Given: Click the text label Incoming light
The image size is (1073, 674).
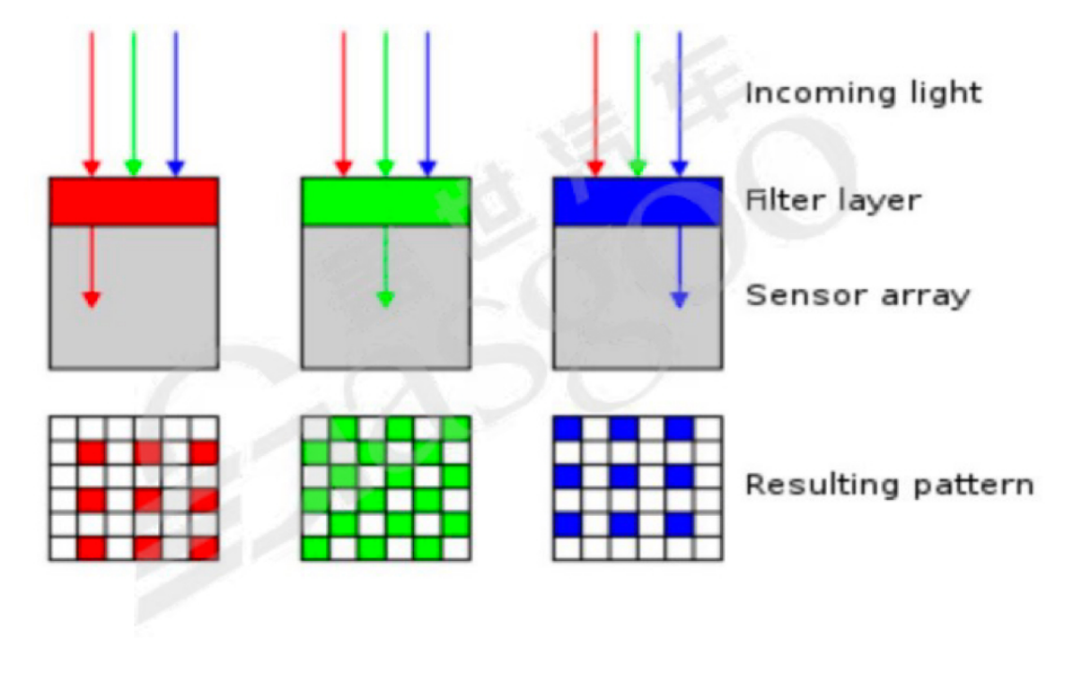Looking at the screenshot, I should pyautogui.click(x=862, y=94).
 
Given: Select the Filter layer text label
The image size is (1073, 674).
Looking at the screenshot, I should pyautogui.click(x=833, y=200).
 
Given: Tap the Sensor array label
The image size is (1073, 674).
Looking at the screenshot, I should pyautogui.click(x=857, y=297).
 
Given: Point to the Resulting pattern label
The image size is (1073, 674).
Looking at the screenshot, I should pyautogui.click(x=889, y=486).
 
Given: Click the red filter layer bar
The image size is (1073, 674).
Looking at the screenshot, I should pyautogui.click(x=134, y=200).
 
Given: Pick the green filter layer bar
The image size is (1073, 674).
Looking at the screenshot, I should pyautogui.click(x=386, y=200).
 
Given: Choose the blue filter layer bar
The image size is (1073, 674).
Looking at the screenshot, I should pyautogui.click(x=638, y=200).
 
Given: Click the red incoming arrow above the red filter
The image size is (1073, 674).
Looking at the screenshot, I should pyautogui.click(x=91, y=103).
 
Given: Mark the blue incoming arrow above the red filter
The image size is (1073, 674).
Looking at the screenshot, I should pyautogui.click(x=175, y=103).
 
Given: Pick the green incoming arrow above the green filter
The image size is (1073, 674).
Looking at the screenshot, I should pyautogui.click(x=385, y=103).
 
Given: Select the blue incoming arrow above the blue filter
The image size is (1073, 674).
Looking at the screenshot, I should pyautogui.click(x=680, y=103).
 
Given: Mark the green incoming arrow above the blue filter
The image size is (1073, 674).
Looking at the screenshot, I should pyautogui.click(x=638, y=103).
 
